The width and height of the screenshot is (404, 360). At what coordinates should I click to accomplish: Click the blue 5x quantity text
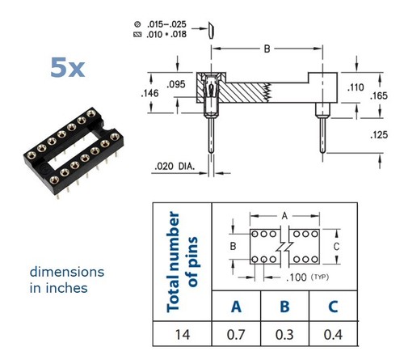pyautogui.click(x=68, y=67)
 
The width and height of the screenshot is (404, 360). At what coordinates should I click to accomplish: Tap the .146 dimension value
pyautogui.click(x=150, y=93)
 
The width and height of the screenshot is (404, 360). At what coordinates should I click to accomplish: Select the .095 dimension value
pyautogui.click(x=176, y=84)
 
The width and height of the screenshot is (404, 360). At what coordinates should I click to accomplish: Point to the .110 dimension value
pyautogui.click(x=356, y=87)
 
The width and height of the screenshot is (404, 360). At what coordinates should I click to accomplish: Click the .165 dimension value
pyautogui.click(x=379, y=95)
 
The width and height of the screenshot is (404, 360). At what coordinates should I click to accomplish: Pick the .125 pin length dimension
pyautogui.click(x=379, y=135)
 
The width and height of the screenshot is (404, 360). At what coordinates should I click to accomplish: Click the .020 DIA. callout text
pyautogui.click(x=175, y=166)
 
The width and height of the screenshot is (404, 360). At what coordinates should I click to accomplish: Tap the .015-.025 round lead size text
pyautogui.click(x=166, y=24)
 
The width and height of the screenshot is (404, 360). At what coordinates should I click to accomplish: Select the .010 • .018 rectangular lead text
pyautogui.click(x=166, y=35)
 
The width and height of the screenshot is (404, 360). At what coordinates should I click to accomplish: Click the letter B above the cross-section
pyautogui.click(x=267, y=49)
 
